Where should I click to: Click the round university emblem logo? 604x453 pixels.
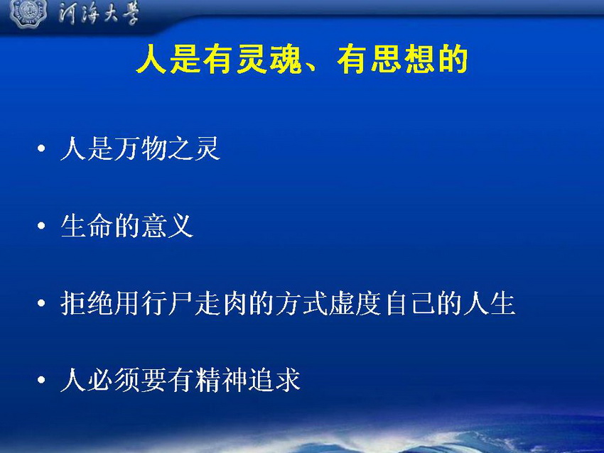point(28,13)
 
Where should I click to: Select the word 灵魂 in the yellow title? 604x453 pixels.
point(269,59)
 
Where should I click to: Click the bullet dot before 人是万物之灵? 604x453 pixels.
point(41,148)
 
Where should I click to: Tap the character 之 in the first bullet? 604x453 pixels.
point(180,148)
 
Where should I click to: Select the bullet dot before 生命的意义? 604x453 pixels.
point(41,226)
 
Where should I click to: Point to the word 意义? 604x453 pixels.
point(167,226)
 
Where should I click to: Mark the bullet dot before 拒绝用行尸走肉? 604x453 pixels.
point(41,303)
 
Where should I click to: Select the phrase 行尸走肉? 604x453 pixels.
point(194,303)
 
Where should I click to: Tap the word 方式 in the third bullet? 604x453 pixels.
point(301,303)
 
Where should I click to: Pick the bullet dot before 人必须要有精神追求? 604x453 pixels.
point(41,380)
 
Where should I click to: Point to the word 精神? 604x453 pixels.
point(220,381)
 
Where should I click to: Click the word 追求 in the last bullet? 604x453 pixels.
point(274,381)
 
